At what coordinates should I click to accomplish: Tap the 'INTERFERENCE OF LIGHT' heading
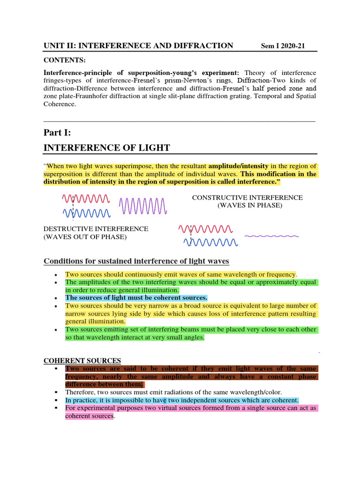pyautogui.click(x=106, y=148)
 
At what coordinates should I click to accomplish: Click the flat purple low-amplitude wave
pyautogui.click(x=271, y=236)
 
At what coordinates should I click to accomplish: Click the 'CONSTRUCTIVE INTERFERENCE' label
pyautogui.click(x=247, y=197)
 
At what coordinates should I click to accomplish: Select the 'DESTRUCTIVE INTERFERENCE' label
pyautogui.click(x=96, y=229)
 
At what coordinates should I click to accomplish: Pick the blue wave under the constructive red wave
pyautogui.click(x=87, y=214)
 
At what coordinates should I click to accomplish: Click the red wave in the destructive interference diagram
pyautogui.click(x=205, y=229)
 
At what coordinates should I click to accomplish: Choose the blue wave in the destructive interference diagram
pyautogui.click(x=210, y=242)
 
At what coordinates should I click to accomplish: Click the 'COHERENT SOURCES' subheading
pyautogui.click(x=82, y=360)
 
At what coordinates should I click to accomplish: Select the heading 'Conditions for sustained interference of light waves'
pyautogui.click(x=136, y=261)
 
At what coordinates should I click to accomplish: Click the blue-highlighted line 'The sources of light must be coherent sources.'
pyautogui.click(x=136, y=298)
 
